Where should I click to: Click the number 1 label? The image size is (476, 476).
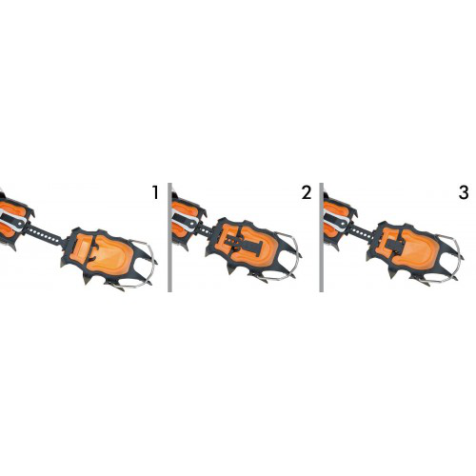click(155, 192)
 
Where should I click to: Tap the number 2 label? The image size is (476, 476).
click(307, 192)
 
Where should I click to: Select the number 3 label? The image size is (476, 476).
click(464, 192)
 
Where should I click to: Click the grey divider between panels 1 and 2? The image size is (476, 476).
click(169, 237)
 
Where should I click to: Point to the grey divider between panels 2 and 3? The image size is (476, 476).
click(322, 237)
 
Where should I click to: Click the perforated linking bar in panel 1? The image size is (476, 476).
click(45, 235)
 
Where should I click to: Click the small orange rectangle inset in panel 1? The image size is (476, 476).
click(84, 246)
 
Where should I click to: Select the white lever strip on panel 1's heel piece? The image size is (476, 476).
click(12, 218)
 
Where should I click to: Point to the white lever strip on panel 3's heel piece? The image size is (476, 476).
click(338, 219)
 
